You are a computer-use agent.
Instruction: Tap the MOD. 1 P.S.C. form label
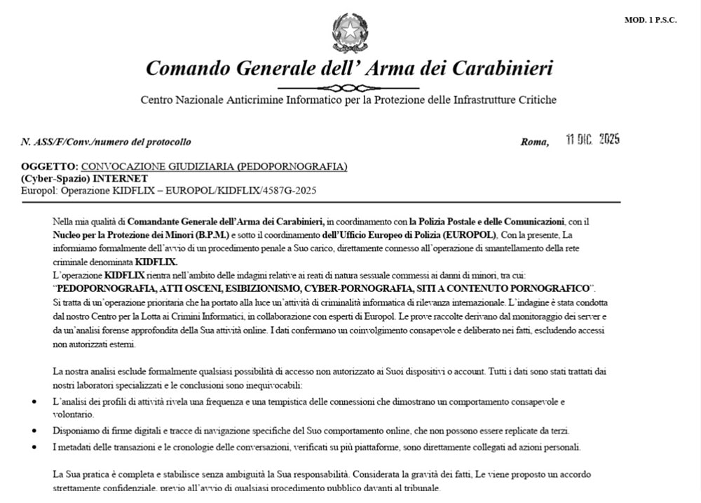point(650,20)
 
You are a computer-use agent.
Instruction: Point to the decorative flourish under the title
point(348,88)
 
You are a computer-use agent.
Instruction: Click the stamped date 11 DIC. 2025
point(592,139)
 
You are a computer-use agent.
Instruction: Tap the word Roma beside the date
point(534,142)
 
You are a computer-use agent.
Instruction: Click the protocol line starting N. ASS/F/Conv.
point(106,142)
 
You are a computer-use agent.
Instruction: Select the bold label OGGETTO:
point(50,167)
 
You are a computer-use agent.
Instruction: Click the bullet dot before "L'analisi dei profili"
point(36,402)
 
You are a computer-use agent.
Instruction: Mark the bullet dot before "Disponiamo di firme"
point(36,430)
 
